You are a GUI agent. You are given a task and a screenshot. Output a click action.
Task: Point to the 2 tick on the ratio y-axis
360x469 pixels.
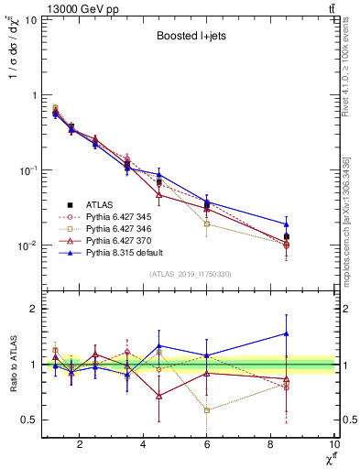[34, 309]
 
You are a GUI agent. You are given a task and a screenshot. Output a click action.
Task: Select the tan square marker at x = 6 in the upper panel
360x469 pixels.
[207, 224]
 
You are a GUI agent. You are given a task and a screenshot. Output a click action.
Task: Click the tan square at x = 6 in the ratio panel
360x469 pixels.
[207, 410]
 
